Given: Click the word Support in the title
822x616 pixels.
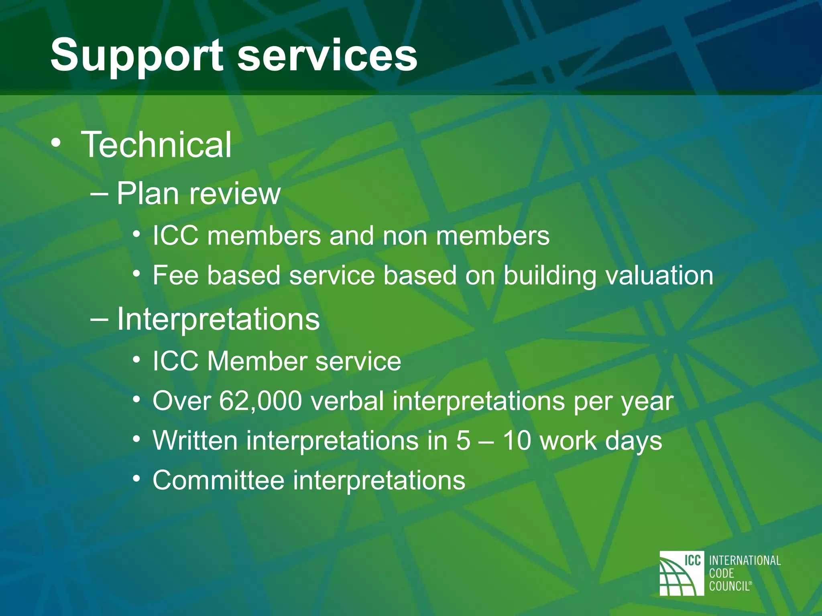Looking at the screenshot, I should coord(136,56).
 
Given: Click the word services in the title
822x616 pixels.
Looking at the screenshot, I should coord(327,56).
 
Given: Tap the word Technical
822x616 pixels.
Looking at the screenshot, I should coord(157,145).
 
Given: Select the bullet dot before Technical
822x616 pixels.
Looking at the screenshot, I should coord(57,143).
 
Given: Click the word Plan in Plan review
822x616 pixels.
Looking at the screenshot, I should coord(148,194).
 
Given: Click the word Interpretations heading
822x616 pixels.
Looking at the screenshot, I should coord(218,320).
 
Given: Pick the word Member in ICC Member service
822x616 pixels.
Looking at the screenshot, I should coord(257,361).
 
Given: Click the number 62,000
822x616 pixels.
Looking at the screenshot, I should coord(260,401).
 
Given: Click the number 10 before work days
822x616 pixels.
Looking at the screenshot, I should coord(517,441).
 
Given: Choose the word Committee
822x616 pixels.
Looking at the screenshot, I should coord(218,480).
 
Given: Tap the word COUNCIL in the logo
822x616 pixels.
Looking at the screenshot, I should coord(729,586).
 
